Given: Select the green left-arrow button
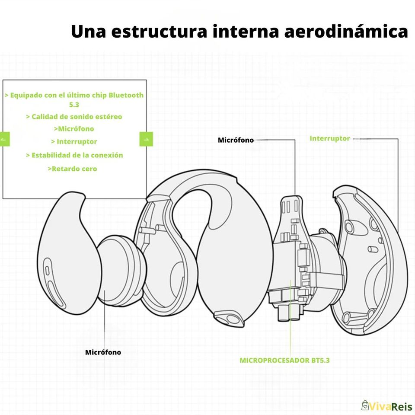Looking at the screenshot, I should (4, 139).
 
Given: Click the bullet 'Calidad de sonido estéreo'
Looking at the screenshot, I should (74, 117).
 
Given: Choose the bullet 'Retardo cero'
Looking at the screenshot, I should (72, 169).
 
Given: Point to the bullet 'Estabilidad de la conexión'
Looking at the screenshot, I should (74, 155).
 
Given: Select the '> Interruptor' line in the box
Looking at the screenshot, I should (74, 141).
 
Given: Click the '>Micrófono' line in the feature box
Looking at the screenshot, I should (74, 128).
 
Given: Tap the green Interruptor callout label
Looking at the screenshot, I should (329, 138).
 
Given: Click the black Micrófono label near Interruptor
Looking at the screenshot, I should (236, 140).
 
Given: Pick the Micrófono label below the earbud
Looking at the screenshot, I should (103, 352).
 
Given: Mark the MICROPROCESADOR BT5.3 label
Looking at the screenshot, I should (284, 360).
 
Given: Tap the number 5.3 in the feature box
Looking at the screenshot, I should (74, 104).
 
